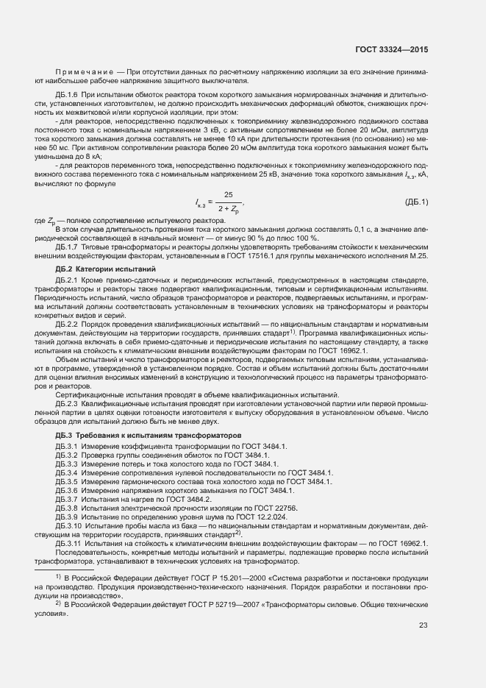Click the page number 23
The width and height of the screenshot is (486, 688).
(x=423, y=625)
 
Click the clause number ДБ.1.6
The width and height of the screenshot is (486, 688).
(x=67, y=96)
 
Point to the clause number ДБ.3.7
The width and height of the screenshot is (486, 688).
(x=67, y=500)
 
